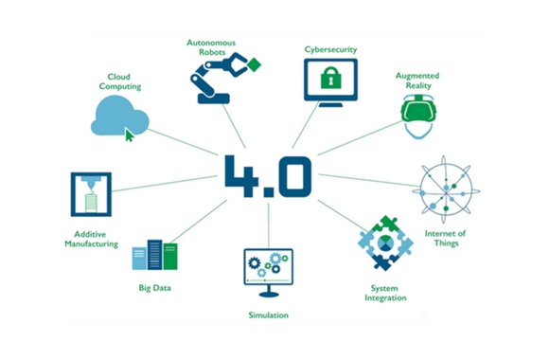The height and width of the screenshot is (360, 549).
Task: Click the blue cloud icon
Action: pyautogui.click(x=119, y=120)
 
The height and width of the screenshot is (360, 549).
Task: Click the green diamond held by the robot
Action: pyautogui.click(x=253, y=65)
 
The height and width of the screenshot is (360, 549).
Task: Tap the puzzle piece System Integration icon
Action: pyautogui.click(x=385, y=243)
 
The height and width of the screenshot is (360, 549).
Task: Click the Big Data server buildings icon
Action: pyautogui.click(x=155, y=255)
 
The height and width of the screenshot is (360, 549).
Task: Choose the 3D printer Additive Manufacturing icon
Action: pyautogui.click(x=91, y=194)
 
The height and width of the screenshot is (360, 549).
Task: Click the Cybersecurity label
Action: pyautogui.click(x=328, y=48)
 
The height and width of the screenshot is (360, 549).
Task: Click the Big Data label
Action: pyautogui.click(x=155, y=286)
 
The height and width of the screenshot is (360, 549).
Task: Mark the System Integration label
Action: pyautogui.click(x=386, y=292)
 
